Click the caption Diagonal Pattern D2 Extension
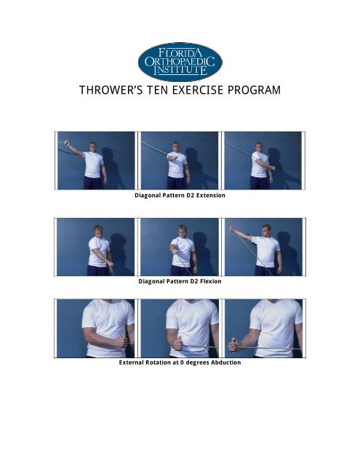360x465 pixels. click(180, 195)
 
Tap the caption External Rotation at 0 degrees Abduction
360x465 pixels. click(180, 363)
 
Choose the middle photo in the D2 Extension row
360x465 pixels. click(180, 161)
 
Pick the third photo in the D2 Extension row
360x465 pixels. click(263, 161)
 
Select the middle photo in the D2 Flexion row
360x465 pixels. click(180, 246)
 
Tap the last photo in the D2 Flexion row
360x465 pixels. click(263, 246)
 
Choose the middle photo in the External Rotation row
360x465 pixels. click(180, 328)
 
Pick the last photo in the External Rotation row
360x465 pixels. click(263, 328)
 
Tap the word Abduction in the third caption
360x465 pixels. click(223, 363)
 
